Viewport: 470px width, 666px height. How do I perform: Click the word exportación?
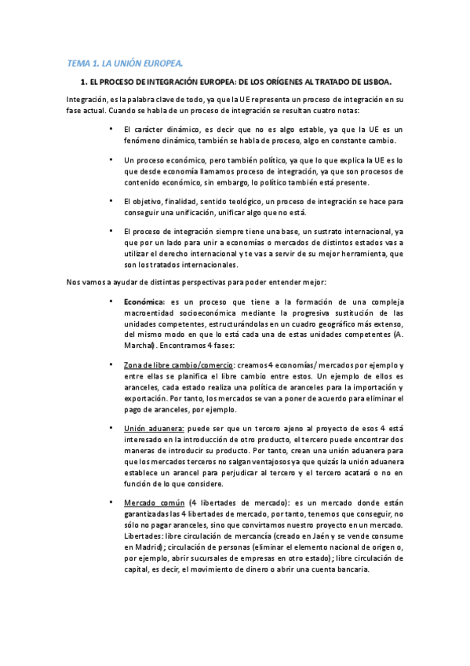(148, 398)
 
